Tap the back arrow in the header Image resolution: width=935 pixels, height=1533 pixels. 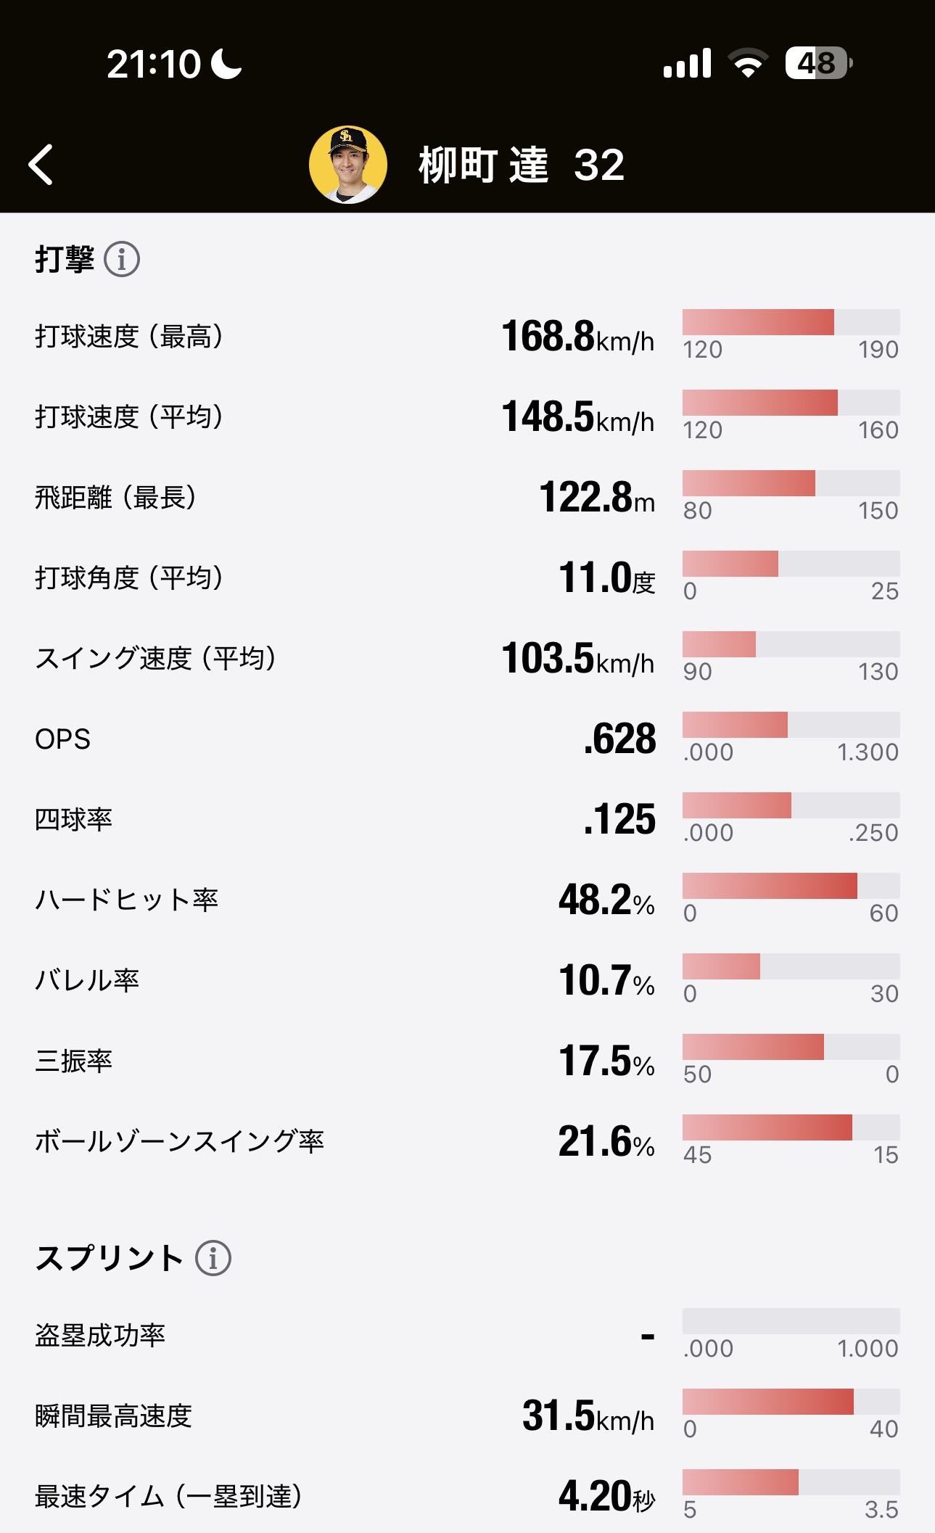click(x=41, y=165)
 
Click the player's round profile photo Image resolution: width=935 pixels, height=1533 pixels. click(x=348, y=165)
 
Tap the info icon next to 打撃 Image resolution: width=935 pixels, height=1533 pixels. click(x=122, y=259)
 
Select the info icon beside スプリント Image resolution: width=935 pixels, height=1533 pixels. click(x=213, y=1257)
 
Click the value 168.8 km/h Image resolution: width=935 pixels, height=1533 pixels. click(x=577, y=337)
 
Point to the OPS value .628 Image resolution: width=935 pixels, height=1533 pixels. click(x=619, y=739)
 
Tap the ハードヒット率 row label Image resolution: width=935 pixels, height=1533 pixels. click(x=127, y=900)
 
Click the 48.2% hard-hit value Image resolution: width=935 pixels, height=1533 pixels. click(x=606, y=900)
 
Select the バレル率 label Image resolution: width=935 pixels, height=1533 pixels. click(x=87, y=980)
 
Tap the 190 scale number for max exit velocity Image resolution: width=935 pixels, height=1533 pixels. click(x=878, y=350)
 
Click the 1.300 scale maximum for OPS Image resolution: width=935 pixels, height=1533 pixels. click(x=868, y=752)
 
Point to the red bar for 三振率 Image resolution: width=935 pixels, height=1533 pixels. click(x=753, y=1047)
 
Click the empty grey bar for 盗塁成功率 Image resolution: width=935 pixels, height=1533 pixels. click(x=791, y=1321)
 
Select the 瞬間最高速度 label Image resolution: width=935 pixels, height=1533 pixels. click(x=113, y=1415)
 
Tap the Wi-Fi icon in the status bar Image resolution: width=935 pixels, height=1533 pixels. click(x=749, y=64)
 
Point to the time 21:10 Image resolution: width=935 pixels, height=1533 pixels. click(x=154, y=65)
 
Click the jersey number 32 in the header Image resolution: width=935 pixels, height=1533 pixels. click(x=599, y=165)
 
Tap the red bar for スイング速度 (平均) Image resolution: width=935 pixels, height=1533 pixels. click(x=719, y=644)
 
